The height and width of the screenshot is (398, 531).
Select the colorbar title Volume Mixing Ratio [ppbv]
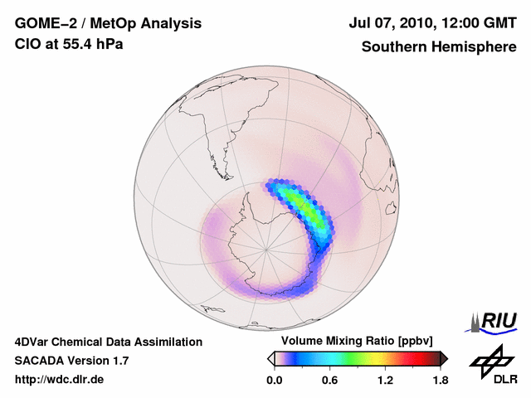point(356,342)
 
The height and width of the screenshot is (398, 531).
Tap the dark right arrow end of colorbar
point(444,358)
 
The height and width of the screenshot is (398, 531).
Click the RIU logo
point(494,320)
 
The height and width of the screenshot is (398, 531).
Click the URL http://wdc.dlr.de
point(60,380)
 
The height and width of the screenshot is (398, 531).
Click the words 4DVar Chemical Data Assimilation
point(108,342)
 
